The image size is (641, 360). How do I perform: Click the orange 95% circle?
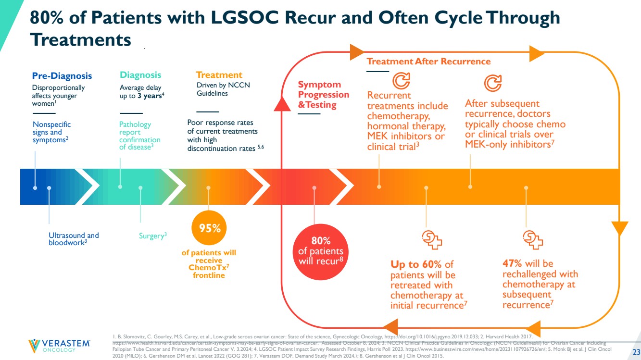pyautogui.click(x=210, y=229)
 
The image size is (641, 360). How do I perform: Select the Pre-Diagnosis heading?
pyautogui.click(x=62, y=76)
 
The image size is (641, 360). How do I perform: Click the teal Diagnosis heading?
pyautogui.click(x=140, y=75)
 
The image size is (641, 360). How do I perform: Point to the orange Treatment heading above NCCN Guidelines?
pyautogui.click(x=219, y=75)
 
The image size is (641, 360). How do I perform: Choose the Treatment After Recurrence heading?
pyautogui.click(x=428, y=62)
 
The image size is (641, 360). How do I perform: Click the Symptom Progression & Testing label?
pyautogui.click(x=323, y=95)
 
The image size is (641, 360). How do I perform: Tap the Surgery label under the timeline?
pyautogui.click(x=152, y=236)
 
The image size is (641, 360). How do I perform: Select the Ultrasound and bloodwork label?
pyautogui.click(x=74, y=239)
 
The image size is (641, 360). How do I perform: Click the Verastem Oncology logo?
pyautogui.click(x=59, y=345)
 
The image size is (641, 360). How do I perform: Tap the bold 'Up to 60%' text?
pyautogui.click(x=416, y=264)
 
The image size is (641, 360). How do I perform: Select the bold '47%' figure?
pyautogui.click(x=512, y=263)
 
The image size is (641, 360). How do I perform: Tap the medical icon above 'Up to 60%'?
pyautogui.click(x=431, y=239)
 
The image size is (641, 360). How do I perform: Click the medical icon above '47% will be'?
pyautogui.click(x=532, y=239)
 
